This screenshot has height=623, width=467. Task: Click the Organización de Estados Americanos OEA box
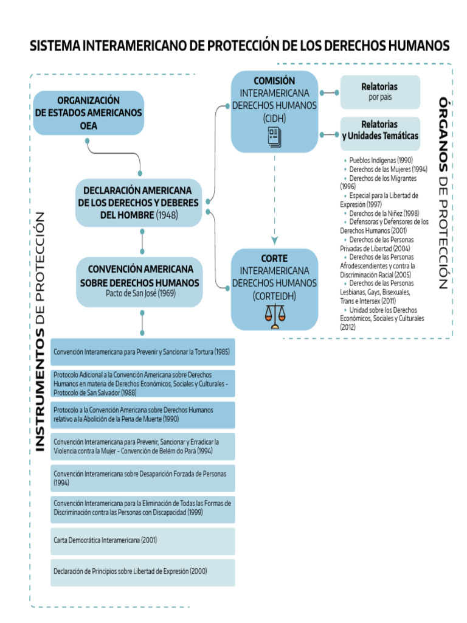(x=89, y=113)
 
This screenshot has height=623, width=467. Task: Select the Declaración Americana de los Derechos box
(x=139, y=202)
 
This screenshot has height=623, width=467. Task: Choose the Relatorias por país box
(x=380, y=91)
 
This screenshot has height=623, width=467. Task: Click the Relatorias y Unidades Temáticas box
(x=380, y=130)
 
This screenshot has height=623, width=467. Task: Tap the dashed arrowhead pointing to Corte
(x=274, y=238)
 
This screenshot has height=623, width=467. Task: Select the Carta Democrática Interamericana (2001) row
(x=143, y=540)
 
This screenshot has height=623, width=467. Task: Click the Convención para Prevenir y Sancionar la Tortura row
(x=143, y=352)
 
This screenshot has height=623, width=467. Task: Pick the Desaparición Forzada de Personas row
(x=143, y=478)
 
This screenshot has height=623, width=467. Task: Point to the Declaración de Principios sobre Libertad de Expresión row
(x=143, y=572)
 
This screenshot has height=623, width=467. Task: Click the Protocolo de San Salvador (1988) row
(x=143, y=383)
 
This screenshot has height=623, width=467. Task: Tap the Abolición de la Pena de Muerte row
(x=143, y=414)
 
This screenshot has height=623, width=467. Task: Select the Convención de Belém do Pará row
(x=143, y=446)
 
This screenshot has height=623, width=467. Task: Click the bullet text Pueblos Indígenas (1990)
(x=381, y=160)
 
